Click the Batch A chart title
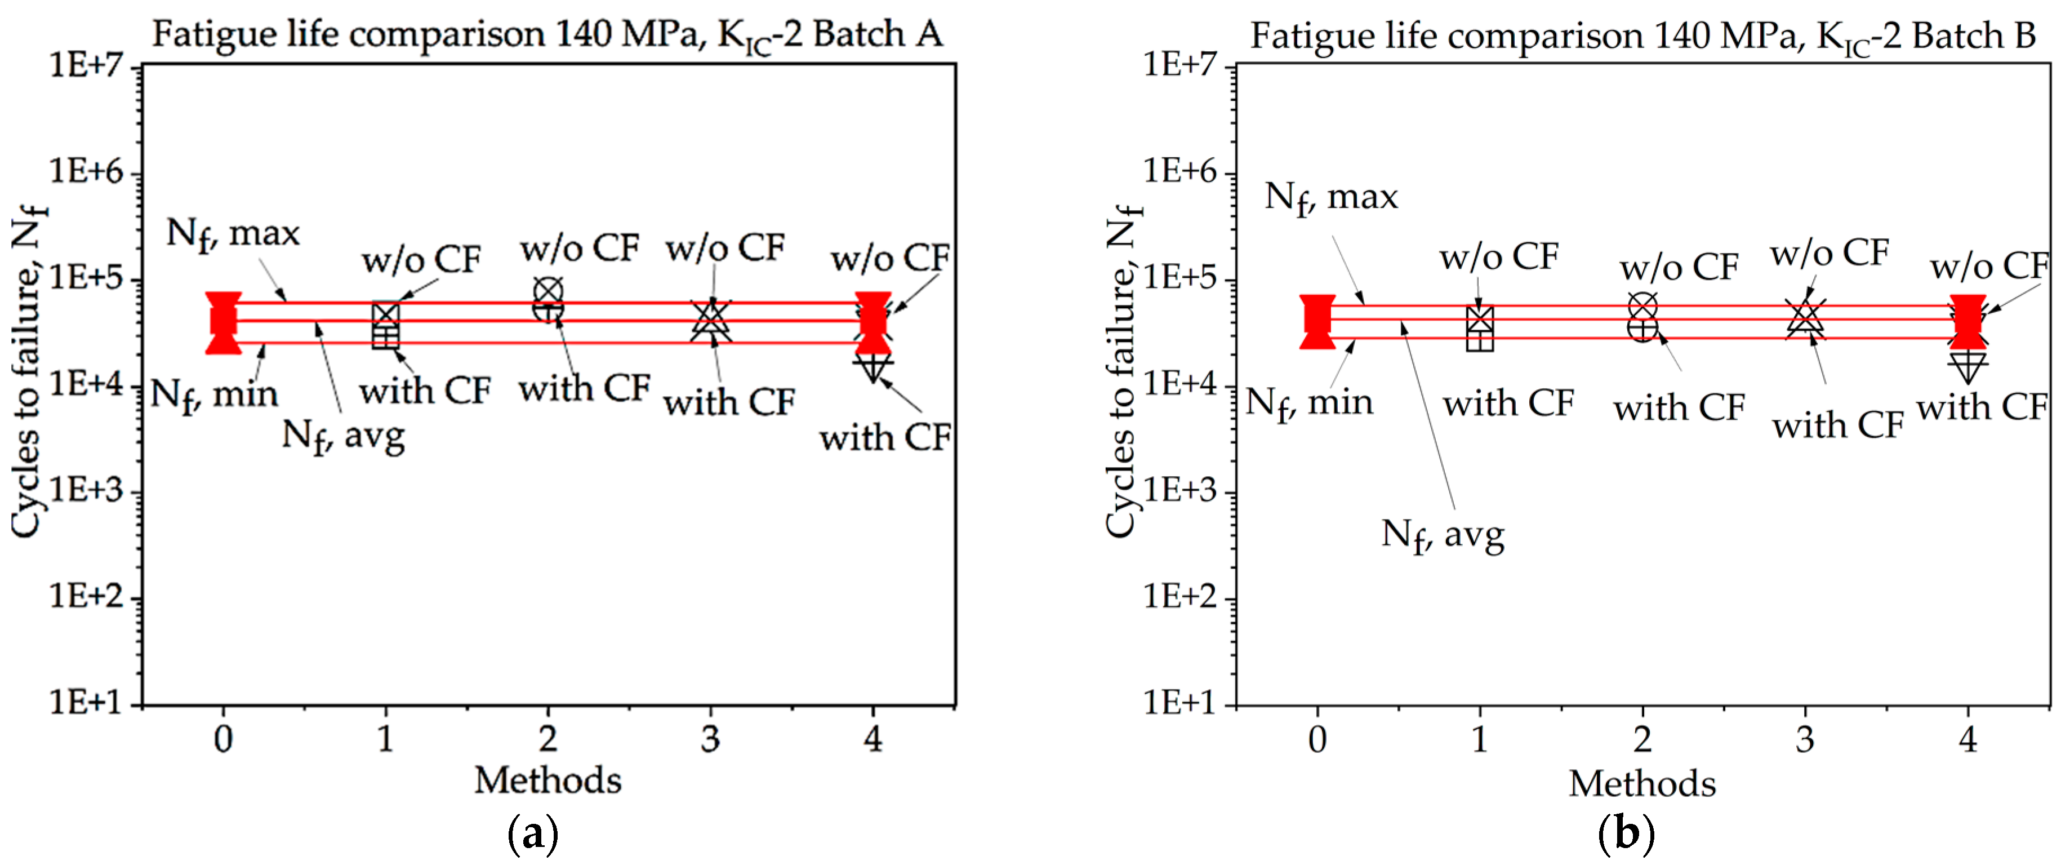[x=547, y=35]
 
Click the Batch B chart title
[x=1642, y=37]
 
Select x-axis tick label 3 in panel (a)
[x=710, y=739]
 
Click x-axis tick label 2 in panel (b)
[x=1642, y=739]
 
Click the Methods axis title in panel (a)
[x=547, y=780]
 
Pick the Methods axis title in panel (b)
[x=1642, y=783]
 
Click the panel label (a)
[x=532, y=835]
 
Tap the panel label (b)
[x=1625, y=835]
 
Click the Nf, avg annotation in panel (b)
[x=1442, y=535]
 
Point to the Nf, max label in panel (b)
[x=1330, y=198]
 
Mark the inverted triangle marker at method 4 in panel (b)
[x=1967, y=366]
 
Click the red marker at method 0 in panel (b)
[x=1317, y=322]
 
